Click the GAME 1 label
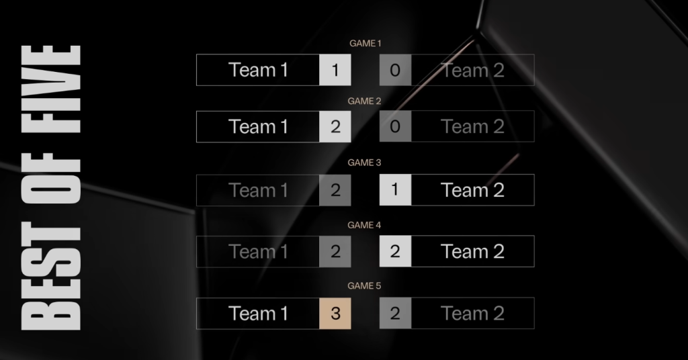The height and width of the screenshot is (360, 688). [x=365, y=43]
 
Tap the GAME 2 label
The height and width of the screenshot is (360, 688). [x=365, y=101]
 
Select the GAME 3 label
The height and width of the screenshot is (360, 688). [x=365, y=163]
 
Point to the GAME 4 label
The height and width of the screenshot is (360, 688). [x=365, y=225]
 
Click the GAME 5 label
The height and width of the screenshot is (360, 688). [x=365, y=285]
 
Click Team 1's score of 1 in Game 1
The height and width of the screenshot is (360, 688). [x=335, y=70]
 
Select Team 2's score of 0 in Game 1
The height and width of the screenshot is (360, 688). [x=395, y=70]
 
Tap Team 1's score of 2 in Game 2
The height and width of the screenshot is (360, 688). [x=335, y=127]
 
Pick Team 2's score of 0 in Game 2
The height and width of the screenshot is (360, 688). [x=395, y=127]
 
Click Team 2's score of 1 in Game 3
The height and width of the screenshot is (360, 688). [x=395, y=190]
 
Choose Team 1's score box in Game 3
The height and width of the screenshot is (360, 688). [x=335, y=190]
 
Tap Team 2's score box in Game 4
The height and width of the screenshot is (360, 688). [x=395, y=252]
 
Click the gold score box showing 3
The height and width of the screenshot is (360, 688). [x=335, y=314]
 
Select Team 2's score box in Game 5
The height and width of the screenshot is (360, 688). [x=395, y=314]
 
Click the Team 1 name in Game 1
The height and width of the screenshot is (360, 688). [x=258, y=70]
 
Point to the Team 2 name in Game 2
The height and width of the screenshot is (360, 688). [x=472, y=127]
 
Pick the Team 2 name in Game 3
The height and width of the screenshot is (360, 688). [x=472, y=190]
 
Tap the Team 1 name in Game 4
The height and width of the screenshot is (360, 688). [x=258, y=252]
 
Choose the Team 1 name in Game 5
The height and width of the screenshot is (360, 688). [x=258, y=314]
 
